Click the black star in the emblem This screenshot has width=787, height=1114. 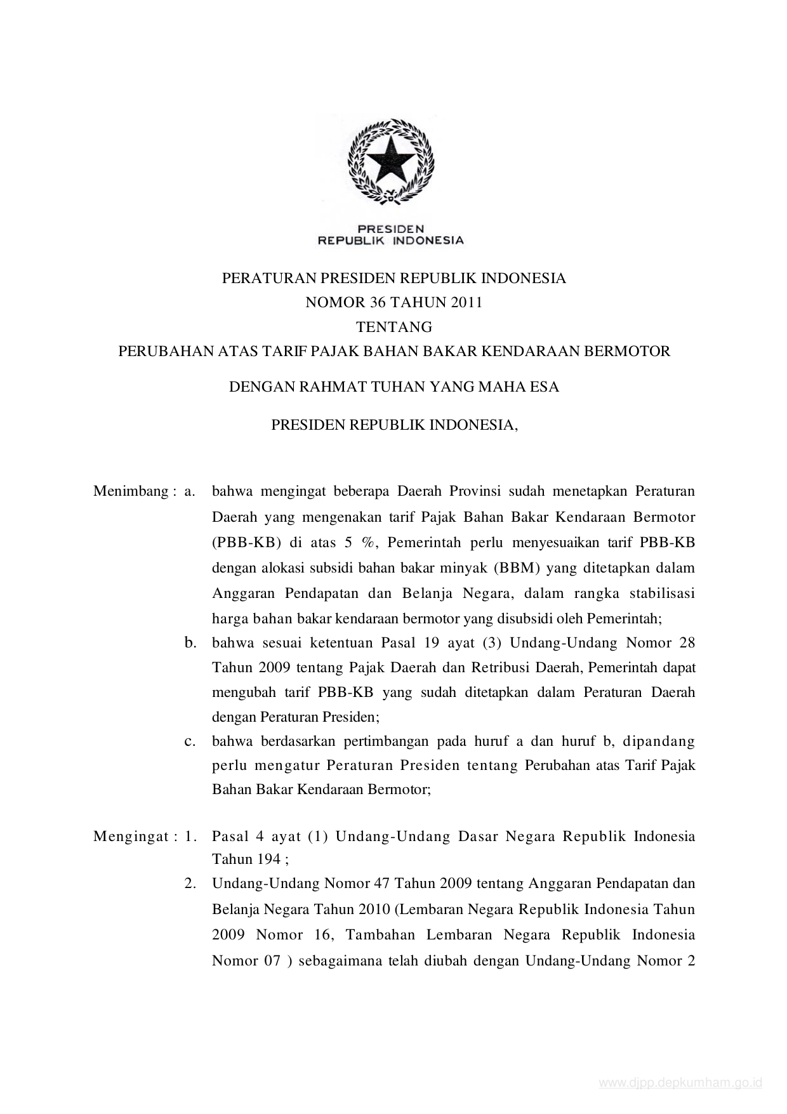point(390,159)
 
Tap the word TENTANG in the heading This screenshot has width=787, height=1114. point(393,327)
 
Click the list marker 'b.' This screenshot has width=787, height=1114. point(190,643)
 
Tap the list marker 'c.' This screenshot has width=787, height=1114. point(190,741)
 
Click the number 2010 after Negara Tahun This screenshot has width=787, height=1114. point(373,909)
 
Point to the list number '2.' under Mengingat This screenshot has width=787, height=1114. point(190,884)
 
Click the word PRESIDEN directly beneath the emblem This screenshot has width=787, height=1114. point(390,228)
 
